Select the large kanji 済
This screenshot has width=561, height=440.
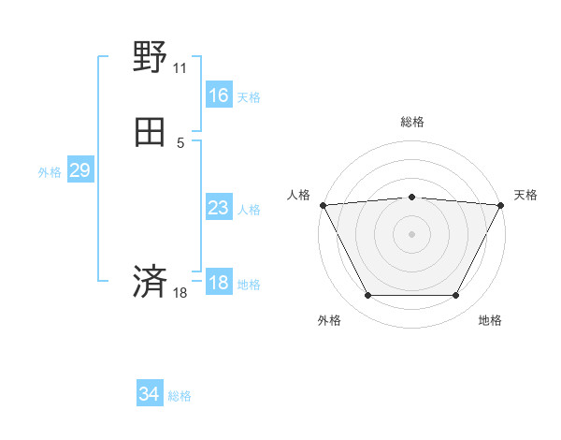[x=150, y=281]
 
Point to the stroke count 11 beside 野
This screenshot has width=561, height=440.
[x=180, y=68]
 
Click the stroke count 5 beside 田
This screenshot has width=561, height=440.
[x=180, y=142]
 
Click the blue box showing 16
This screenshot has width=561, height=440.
[x=218, y=95]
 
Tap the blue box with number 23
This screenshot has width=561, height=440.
[x=218, y=208]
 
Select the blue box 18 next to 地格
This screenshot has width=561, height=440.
[x=218, y=283]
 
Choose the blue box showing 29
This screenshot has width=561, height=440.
[x=79, y=170]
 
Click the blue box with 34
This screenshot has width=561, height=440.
[x=149, y=394]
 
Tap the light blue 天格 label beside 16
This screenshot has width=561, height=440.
[x=249, y=96]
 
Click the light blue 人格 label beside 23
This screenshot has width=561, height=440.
[x=249, y=209]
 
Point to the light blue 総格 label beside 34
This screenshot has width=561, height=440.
[x=180, y=396]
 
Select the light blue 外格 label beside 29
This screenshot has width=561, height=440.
[x=49, y=171]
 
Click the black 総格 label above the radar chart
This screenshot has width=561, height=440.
[x=411, y=122]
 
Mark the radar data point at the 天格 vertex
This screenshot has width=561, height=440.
[x=500, y=205]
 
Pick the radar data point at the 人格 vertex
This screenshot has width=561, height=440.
[x=323, y=204]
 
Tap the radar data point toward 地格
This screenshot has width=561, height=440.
[x=455, y=296]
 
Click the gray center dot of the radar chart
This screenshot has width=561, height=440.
[x=411, y=233]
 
